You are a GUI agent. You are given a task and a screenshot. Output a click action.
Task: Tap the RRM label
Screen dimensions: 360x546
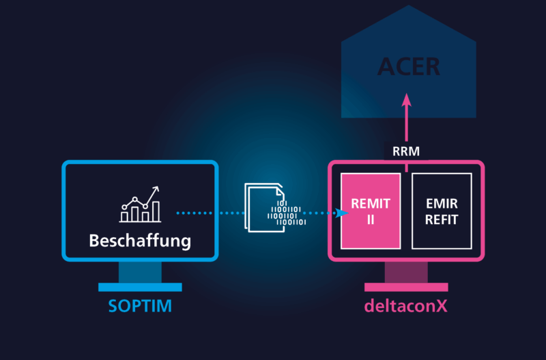(406, 151)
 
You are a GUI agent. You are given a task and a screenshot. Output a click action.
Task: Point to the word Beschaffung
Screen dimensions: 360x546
(140, 240)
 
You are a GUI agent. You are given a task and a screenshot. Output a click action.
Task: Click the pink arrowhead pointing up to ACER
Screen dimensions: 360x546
(407, 100)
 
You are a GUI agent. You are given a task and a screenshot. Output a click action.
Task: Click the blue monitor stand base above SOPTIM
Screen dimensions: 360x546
(140, 287)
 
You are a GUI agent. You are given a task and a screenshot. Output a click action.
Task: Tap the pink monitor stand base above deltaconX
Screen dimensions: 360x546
(406, 287)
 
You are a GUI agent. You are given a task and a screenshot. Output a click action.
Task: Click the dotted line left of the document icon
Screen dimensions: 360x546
(208, 213)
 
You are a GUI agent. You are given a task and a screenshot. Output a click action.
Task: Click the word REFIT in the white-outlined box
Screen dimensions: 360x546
(442, 220)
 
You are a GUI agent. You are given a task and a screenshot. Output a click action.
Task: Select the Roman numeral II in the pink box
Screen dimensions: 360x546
(371, 220)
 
